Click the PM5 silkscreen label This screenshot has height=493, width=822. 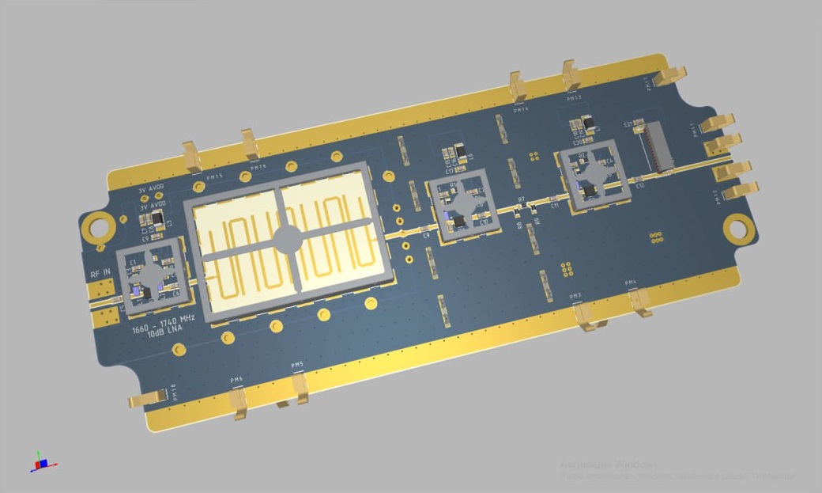click(x=297, y=365)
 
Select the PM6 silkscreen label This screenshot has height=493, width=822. click(x=236, y=380)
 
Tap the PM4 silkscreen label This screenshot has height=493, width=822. click(x=631, y=283)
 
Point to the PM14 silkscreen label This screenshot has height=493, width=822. click(x=521, y=109)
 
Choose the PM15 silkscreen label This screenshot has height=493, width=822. click(x=214, y=177)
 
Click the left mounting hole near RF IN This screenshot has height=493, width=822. click(x=99, y=226)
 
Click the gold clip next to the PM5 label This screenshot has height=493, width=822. click(x=302, y=390)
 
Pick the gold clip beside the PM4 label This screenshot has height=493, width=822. click(x=640, y=303)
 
